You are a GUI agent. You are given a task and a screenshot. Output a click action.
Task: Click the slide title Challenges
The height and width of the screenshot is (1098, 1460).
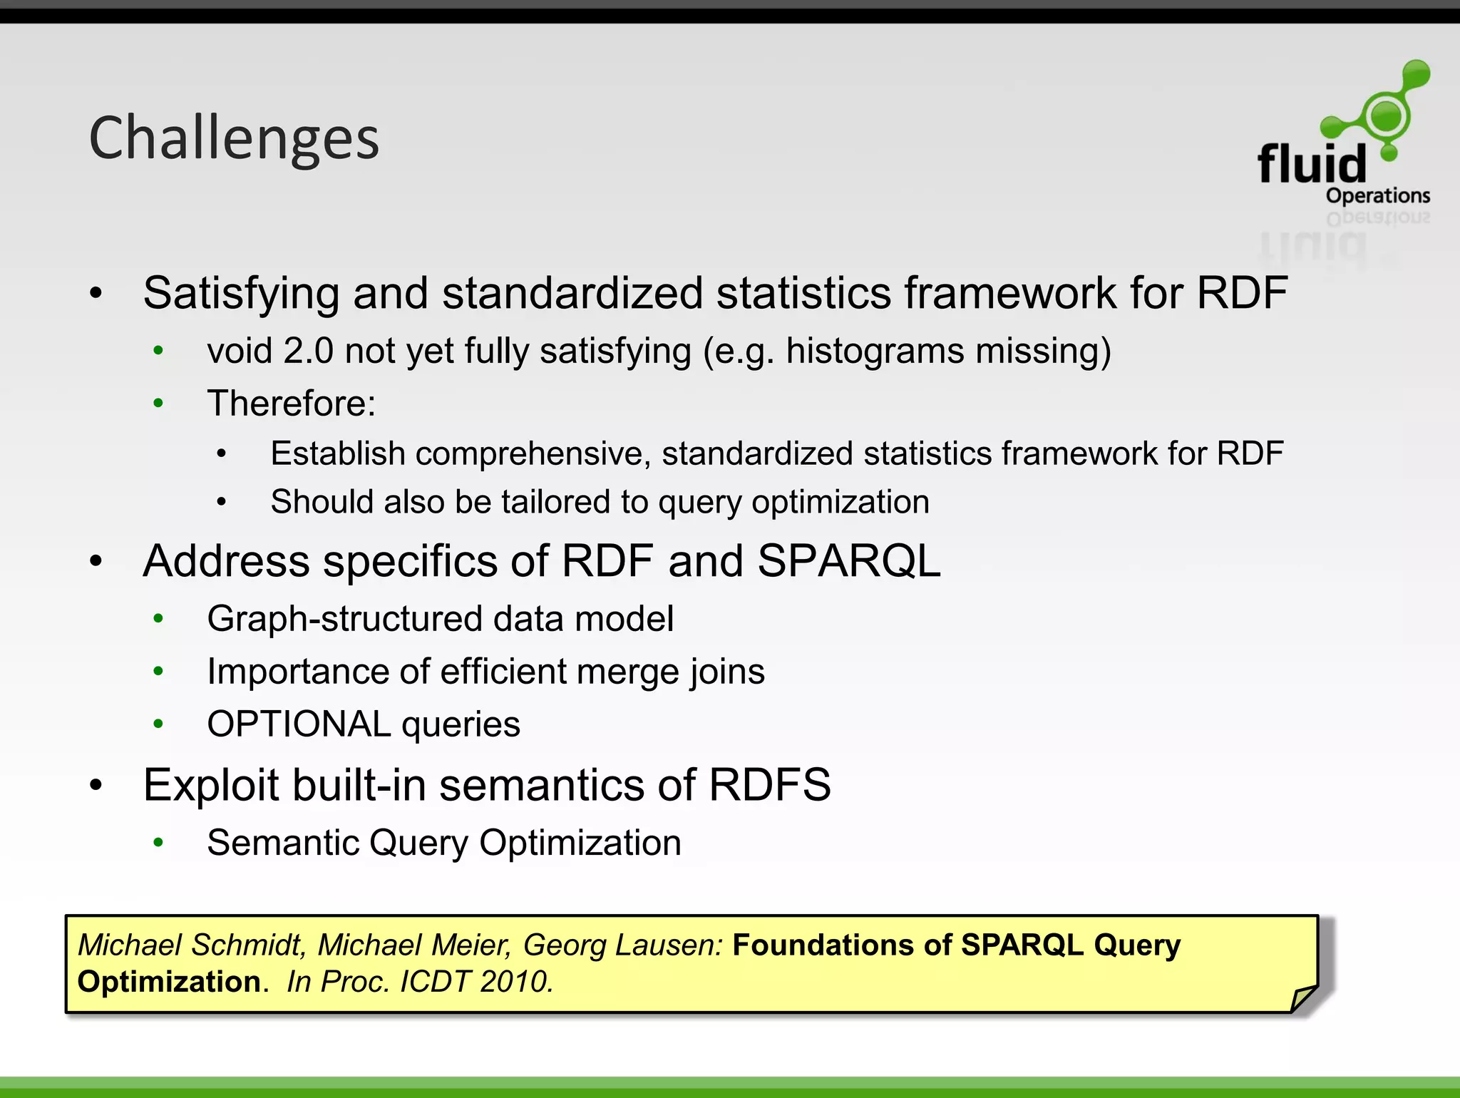[x=234, y=139]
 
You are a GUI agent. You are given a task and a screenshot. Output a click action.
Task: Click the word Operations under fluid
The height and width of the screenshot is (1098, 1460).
[x=1377, y=195]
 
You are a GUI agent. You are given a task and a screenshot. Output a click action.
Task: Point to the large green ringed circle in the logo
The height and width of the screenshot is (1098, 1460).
[x=1386, y=116]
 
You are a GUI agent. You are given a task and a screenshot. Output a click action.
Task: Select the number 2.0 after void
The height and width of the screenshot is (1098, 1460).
[x=308, y=352]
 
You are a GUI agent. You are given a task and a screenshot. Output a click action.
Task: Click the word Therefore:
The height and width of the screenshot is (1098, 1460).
[x=291, y=404]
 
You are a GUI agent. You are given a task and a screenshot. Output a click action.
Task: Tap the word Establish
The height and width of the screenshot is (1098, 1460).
[x=337, y=453]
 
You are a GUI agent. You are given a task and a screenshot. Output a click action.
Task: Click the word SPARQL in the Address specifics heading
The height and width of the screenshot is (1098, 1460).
[x=848, y=561]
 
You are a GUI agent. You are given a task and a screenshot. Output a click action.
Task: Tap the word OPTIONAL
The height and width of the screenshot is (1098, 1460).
[x=299, y=724]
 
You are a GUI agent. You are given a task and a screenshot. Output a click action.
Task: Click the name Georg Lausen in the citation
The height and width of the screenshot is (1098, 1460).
[x=622, y=945]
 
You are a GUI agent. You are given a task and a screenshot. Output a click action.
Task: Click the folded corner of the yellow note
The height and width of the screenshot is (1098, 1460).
[x=1303, y=998]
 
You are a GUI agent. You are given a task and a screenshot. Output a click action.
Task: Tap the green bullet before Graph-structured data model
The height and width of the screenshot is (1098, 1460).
[x=158, y=618]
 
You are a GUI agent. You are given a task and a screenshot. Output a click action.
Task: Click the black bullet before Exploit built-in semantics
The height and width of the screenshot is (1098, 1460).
[x=96, y=785]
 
